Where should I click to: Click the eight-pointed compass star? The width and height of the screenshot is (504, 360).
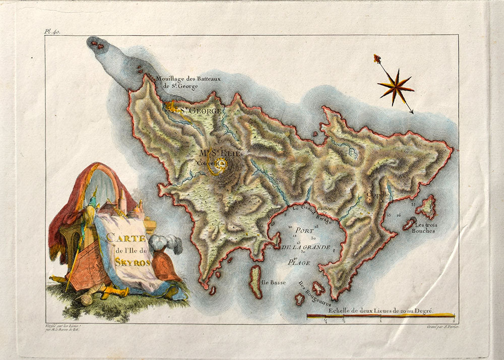point(396,87)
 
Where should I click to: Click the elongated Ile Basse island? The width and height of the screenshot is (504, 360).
point(256,281)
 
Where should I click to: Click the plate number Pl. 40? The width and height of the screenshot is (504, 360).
point(52,31)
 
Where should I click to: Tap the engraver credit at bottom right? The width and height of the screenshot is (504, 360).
point(440,328)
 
